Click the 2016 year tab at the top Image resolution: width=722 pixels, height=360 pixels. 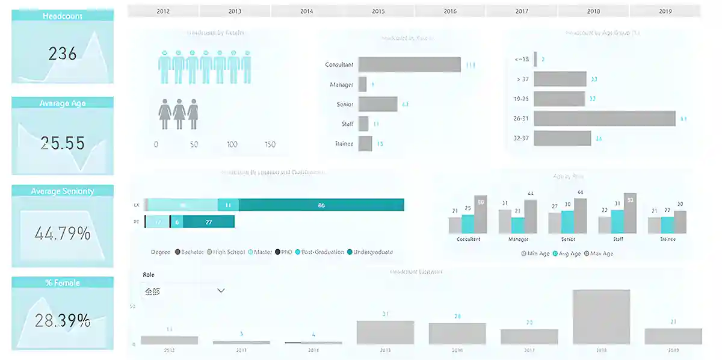(450, 11)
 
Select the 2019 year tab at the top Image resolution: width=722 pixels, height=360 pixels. (665, 11)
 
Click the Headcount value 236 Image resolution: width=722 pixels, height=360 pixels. (63, 54)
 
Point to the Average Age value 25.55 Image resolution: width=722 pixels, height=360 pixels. (63, 143)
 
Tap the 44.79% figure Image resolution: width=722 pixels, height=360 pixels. (63, 232)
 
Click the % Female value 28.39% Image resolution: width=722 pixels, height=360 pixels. (63, 320)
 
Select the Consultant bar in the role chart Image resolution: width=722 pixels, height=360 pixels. (409, 65)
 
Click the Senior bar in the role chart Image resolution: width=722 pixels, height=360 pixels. (378, 104)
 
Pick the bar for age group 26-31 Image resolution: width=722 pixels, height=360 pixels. (604, 119)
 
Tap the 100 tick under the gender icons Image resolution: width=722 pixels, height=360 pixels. (232, 144)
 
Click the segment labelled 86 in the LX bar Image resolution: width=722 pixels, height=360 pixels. (321, 205)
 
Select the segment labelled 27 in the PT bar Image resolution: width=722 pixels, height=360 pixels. (208, 222)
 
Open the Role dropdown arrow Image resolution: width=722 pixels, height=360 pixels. (221, 291)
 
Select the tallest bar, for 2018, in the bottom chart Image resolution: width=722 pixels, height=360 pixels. (601, 317)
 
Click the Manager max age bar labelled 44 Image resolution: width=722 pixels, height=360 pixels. (530, 216)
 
